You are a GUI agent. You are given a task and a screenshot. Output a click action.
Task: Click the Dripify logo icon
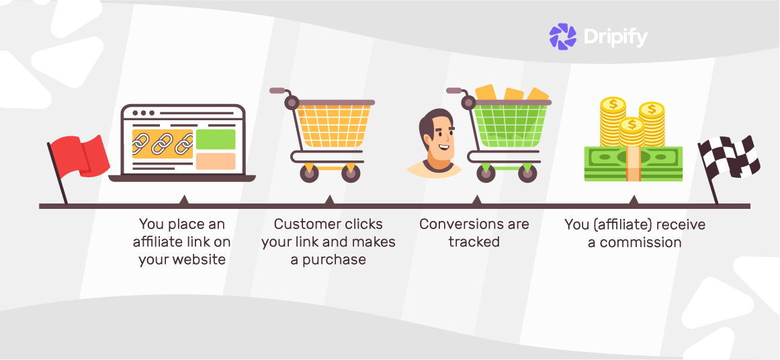point(563,36)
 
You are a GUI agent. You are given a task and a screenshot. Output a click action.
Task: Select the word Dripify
point(615,37)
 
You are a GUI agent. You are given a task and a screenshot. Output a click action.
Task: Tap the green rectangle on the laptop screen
point(216,139)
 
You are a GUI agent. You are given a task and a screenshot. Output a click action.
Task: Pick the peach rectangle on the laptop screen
point(216,161)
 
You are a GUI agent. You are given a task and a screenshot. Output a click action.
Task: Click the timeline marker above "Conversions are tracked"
point(477,200)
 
